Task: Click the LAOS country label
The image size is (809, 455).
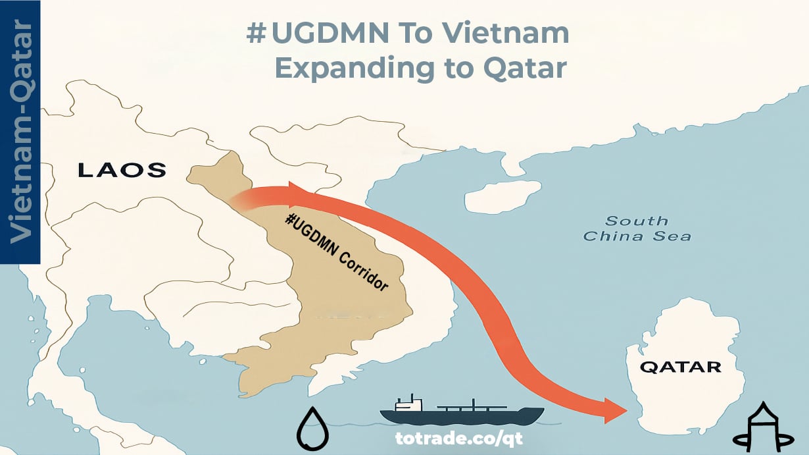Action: pos(122,171)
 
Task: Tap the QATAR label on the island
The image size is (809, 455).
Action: pos(680,367)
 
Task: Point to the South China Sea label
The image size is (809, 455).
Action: pos(637,228)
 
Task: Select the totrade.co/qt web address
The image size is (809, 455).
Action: pos(450,437)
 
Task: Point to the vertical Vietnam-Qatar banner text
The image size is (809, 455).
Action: pos(21,132)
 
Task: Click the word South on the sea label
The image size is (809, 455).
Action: pos(637,221)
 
